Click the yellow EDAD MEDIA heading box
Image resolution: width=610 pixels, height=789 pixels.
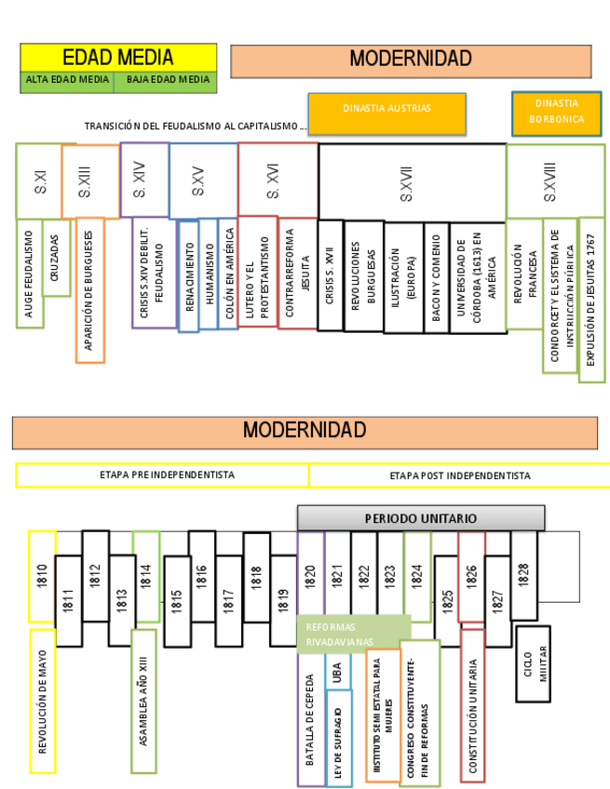pyautogui.click(x=118, y=57)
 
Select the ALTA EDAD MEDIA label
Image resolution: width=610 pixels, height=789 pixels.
pyautogui.click(x=67, y=81)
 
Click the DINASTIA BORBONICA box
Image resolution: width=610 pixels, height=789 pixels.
pyautogui.click(x=556, y=113)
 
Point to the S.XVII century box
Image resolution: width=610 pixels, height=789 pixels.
pyautogui.click(x=412, y=181)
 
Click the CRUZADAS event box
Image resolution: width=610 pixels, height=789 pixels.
pyautogui.click(x=55, y=258)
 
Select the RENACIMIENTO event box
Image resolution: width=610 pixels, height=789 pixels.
pyautogui.click(x=188, y=274)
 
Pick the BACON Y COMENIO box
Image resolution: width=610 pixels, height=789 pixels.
pyautogui.click(x=435, y=278)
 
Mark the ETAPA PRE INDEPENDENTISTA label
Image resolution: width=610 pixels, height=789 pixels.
pyautogui.click(x=162, y=475)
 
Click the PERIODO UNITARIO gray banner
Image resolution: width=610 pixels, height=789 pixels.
pyautogui.click(x=421, y=518)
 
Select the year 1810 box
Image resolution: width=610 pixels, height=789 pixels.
pyautogui.click(x=42, y=576)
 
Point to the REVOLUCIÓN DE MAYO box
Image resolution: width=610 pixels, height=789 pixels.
pyautogui.click(x=42, y=700)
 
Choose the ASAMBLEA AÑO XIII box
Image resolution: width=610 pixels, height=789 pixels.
pyautogui.click(x=143, y=702)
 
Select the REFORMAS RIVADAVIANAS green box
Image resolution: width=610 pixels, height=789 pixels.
pyautogui.click(x=353, y=634)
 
